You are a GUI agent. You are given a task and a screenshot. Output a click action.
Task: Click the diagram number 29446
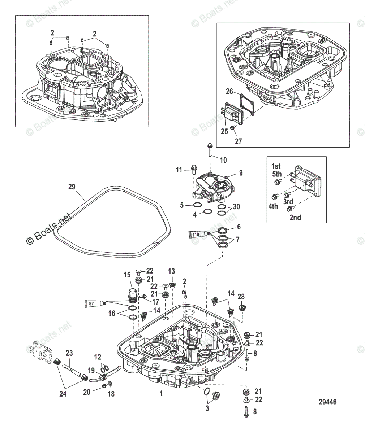327,402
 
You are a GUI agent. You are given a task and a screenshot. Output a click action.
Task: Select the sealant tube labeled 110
198,235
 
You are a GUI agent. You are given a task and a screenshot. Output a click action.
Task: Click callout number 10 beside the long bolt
223,160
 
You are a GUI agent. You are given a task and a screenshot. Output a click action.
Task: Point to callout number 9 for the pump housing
241,173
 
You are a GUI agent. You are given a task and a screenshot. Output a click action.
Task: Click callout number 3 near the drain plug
207,408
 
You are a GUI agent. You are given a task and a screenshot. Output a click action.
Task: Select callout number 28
241,297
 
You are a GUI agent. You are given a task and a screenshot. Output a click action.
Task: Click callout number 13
172,271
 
